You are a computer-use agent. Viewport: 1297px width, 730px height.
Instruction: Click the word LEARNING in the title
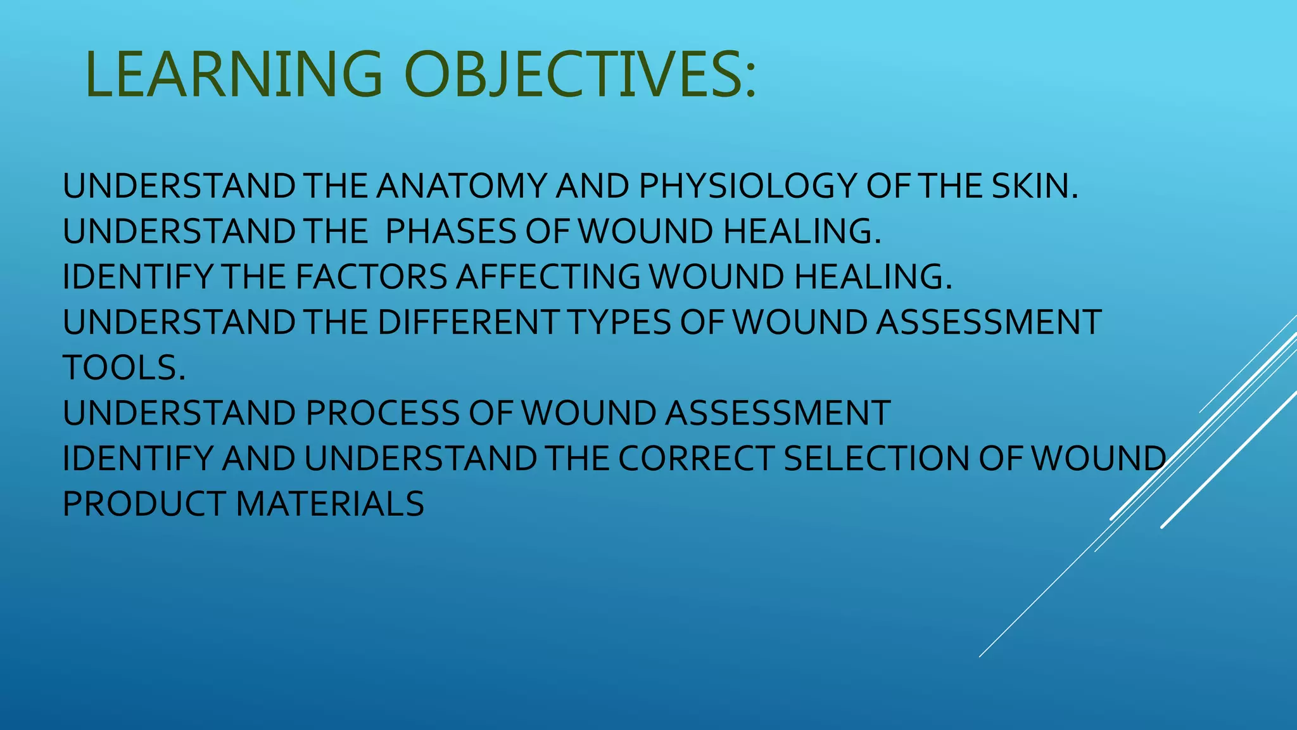click(234, 75)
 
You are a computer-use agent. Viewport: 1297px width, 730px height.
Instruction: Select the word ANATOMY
click(462, 186)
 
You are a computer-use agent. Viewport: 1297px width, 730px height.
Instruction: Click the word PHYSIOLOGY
click(747, 186)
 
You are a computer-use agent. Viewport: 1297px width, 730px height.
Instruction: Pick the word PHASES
click(450, 231)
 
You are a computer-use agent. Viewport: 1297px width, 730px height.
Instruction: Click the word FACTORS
click(371, 277)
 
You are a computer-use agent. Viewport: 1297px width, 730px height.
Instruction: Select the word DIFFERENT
click(468, 322)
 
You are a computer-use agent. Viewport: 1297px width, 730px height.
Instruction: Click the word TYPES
click(619, 322)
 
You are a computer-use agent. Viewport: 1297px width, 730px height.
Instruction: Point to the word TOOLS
click(124, 368)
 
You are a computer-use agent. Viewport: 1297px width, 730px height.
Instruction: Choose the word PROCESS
click(383, 413)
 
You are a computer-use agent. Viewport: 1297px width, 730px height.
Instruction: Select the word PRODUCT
click(144, 504)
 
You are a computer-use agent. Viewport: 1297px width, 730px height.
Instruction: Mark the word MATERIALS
click(329, 504)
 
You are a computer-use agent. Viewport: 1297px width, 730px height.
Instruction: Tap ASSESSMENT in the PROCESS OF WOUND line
click(777, 413)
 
